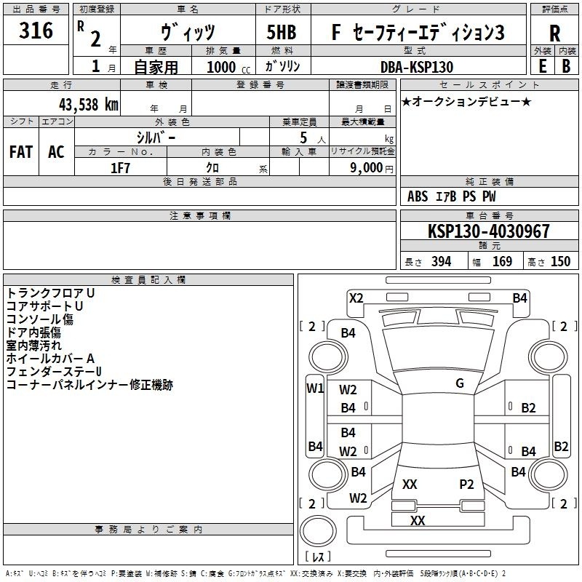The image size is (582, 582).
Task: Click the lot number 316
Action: pos(36,30)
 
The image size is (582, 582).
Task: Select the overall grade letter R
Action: pos(554,33)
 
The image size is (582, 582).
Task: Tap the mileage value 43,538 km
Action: pos(88,105)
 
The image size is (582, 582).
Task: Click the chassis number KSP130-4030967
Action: pos(488,231)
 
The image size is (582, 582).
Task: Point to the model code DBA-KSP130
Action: pos(417,67)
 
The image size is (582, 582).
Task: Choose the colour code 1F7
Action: pos(120,168)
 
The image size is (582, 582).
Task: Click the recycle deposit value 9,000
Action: pos(366,168)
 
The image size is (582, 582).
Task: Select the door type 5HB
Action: pos(282,32)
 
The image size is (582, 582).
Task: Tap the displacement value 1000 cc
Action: pos(228,68)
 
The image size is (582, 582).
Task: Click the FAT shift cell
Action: pos(21,152)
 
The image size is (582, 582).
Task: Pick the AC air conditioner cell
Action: pos(56,152)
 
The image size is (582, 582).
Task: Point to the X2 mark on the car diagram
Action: pos(356,298)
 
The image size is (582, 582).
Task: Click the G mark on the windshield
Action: pos(460,383)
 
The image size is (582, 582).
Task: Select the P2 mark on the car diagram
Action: pos(466,484)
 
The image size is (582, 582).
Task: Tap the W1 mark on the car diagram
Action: pos(315,388)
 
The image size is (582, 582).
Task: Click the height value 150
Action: pos(560,262)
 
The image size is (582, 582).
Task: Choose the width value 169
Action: pos(502,262)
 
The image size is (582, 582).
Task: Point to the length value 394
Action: pos(442,262)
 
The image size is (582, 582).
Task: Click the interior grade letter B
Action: pos(566,66)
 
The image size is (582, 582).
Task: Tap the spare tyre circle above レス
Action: pos(318,531)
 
